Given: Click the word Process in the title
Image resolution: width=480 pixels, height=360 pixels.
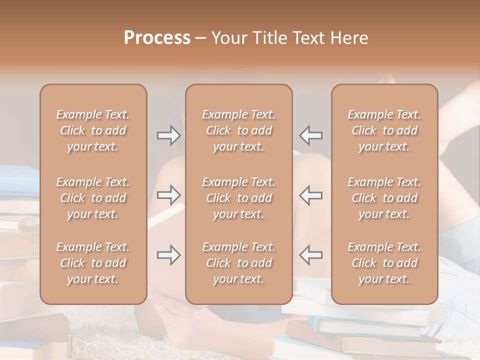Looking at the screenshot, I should [157, 38].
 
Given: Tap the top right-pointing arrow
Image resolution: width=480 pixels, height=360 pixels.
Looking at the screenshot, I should [168, 135].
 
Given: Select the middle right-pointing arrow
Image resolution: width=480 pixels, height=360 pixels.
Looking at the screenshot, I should [168, 195].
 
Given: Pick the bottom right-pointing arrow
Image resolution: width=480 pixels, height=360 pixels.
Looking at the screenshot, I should [168, 255].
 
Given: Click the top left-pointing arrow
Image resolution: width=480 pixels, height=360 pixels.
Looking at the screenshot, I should [311, 135].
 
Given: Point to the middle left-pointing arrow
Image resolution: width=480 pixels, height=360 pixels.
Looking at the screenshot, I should [311, 195].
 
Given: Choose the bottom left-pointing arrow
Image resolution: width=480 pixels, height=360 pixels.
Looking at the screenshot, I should [311, 255].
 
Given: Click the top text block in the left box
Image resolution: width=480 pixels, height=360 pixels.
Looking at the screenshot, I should [93, 130].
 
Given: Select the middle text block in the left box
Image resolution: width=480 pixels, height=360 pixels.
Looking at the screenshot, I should [93, 198].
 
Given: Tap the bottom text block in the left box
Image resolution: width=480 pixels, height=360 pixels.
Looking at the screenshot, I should [93, 263].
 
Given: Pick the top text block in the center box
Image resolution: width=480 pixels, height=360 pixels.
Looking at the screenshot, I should [239, 130].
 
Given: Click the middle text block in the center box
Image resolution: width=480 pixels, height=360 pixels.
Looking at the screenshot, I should [239, 198].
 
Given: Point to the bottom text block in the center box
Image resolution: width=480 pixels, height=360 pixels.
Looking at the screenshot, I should [239, 263].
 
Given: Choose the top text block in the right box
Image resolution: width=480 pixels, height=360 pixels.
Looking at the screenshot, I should [384, 130].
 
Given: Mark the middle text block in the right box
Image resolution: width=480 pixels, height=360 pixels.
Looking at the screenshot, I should [384, 198].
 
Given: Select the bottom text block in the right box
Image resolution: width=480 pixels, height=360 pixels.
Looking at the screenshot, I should [384, 263].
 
